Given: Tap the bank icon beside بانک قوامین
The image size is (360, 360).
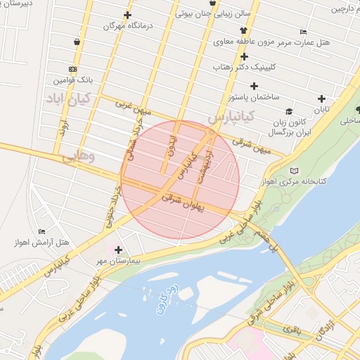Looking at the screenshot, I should click(x=73, y=70).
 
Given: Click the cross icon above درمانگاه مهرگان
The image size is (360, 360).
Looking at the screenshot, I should click(x=127, y=15).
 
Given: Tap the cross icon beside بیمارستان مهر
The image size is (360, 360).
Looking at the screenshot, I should click(x=118, y=250).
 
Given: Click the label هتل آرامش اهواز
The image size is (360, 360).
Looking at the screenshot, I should click(x=44, y=243).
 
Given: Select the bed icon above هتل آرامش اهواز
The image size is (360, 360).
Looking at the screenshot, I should click(x=42, y=231).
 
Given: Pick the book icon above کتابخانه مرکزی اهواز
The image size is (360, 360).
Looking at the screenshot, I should click(x=294, y=171).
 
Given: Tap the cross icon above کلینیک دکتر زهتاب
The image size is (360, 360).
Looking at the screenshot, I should click(x=244, y=56).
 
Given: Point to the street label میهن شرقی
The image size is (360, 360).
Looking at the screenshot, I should click(x=257, y=143).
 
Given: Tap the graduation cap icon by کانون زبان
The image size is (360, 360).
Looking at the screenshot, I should click(x=289, y=111).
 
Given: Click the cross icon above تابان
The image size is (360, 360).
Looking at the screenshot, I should click(x=322, y=98).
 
